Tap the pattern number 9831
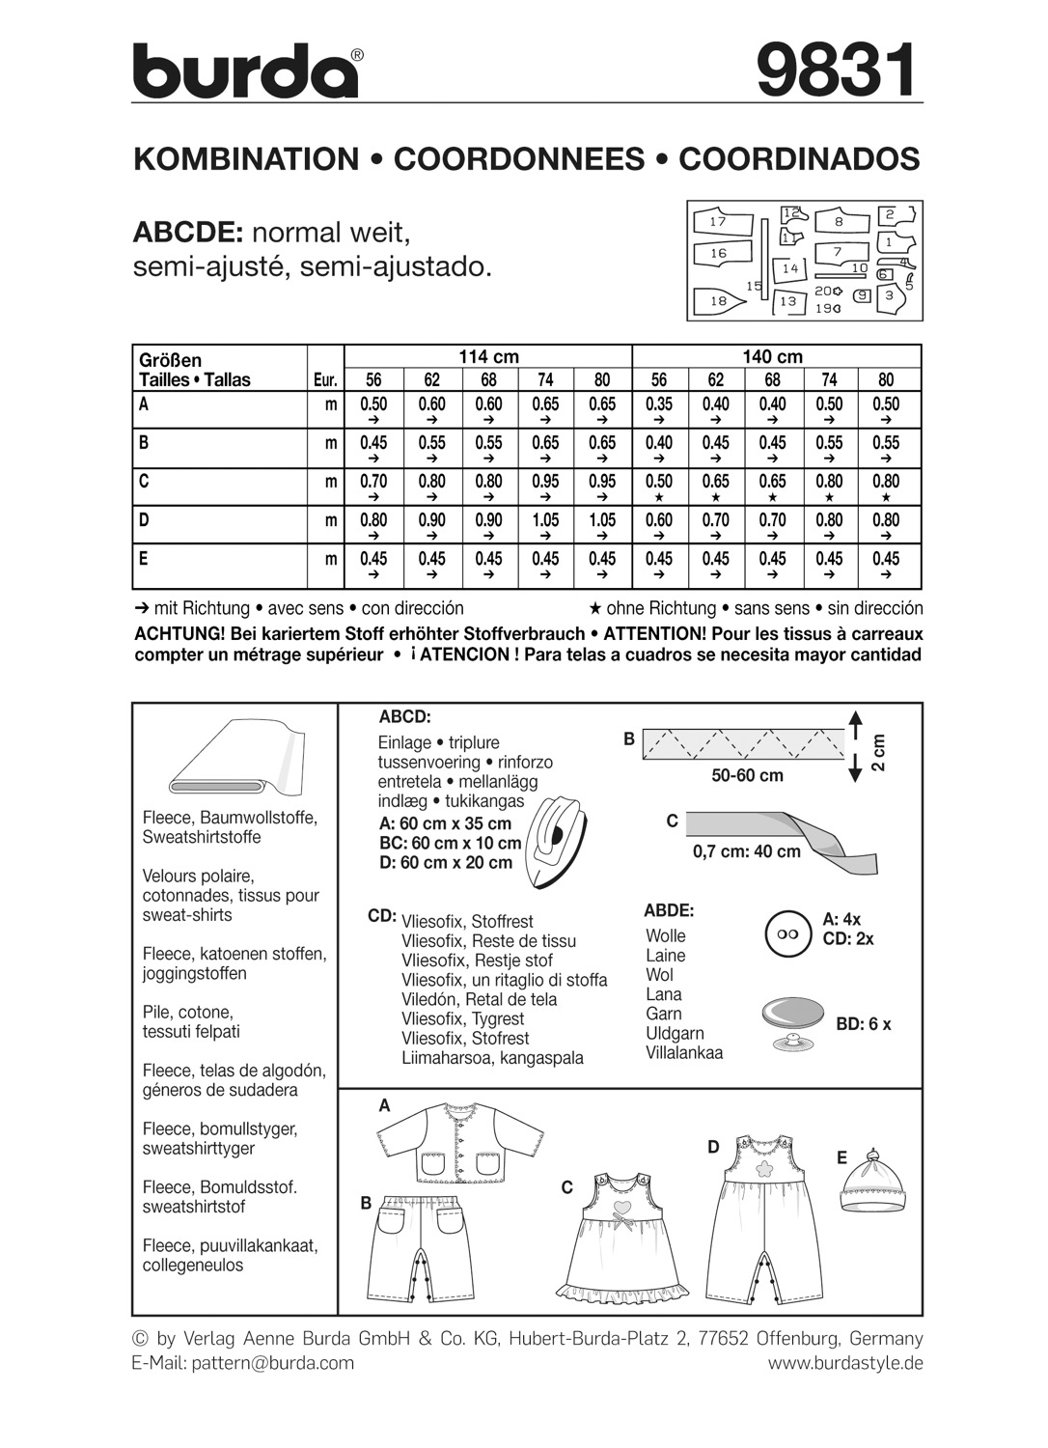coord(835,71)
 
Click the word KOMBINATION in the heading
coord(245,159)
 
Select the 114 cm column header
coord(488,356)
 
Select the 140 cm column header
coord(772,356)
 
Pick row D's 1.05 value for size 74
coord(545,520)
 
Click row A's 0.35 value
coord(659,404)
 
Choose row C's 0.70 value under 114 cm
coord(373,482)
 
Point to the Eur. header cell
coord(325,380)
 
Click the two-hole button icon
coord(784,934)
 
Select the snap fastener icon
coord(791,1019)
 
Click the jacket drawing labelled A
coord(456,1144)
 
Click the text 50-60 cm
coord(747,775)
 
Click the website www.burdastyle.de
coord(845,1363)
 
